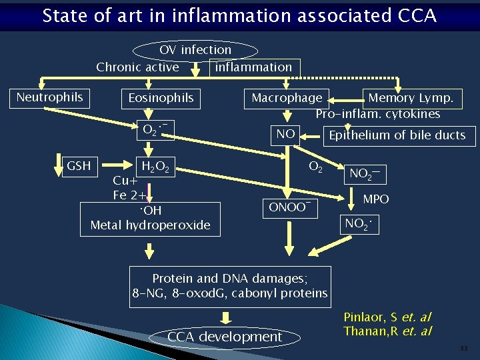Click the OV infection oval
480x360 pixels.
[195, 50]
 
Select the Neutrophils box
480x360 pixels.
[49, 97]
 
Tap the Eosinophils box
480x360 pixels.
[161, 98]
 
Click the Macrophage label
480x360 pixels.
[287, 98]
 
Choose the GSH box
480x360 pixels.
[79, 165]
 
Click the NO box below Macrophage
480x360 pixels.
[285, 135]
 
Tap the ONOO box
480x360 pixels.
[290, 207]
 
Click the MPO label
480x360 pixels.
[376, 199]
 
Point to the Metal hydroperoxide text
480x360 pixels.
[150, 225]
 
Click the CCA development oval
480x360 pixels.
[225, 337]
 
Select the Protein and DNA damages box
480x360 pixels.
[231, 286]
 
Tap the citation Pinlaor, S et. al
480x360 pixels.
[387, 317]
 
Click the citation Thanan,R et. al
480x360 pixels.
[387, 331]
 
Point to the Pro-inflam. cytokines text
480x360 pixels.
[378, 114]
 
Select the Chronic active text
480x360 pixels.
[137, 67]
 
